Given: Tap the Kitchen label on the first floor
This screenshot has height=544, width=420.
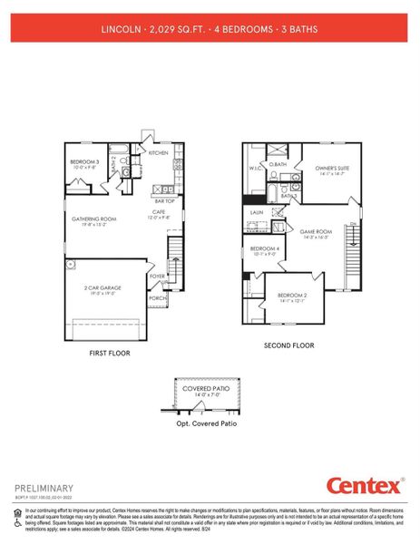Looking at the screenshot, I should pyautogui.click(x=158, y=152).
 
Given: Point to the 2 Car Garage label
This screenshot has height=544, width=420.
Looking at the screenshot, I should pyautogui.click(x=103, y=288).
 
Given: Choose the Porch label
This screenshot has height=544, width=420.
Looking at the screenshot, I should pyautogui.click(x=157, y=296).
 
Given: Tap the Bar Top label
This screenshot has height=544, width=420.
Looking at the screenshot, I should pyautogui.click(x=165, y=200).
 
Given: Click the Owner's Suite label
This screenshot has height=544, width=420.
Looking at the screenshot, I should pyautogui.click(x=332, y=169).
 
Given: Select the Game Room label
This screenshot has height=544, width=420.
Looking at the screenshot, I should pyautogui.click(x=317, y=232).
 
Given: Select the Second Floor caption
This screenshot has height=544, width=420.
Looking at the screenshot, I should pyautogui.click(x=288, y=345).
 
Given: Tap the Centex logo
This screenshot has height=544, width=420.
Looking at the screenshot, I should pyautogui.click(x=363, y=486).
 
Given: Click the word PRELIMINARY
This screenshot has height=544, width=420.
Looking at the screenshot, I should pyautogui.click(x=42, y=487).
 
